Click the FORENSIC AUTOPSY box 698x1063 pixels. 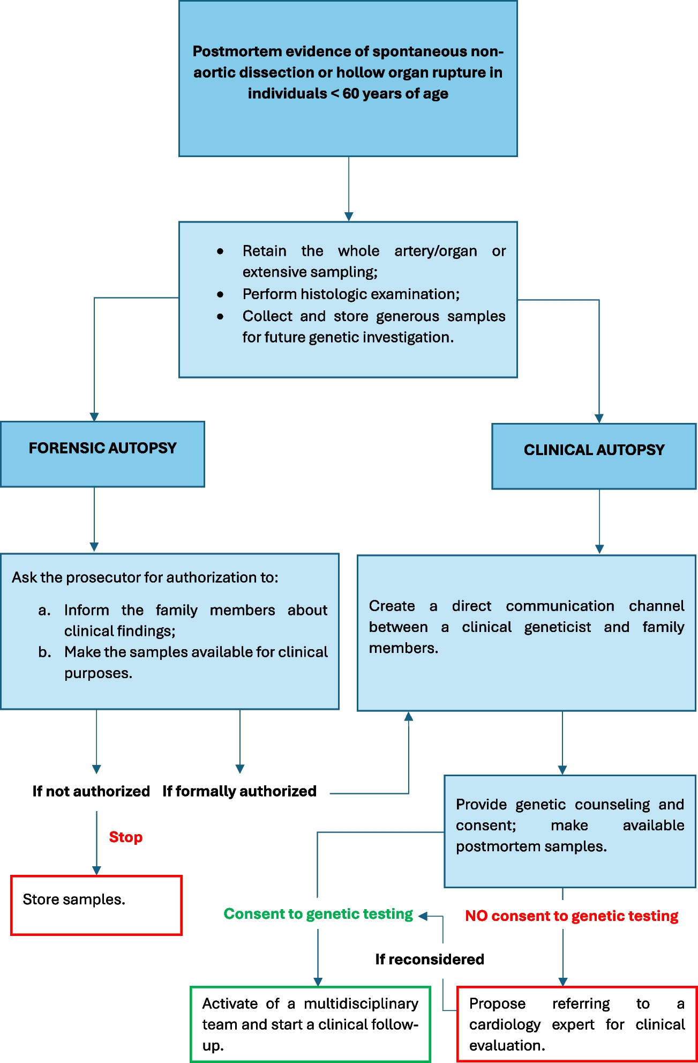102,454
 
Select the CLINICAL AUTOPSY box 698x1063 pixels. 594,456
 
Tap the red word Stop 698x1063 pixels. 126,837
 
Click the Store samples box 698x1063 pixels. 96,905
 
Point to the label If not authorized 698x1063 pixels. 91,791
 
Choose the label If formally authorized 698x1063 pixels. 239,791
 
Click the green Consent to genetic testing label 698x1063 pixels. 318,913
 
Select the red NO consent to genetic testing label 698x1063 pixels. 572,916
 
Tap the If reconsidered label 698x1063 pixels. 430,959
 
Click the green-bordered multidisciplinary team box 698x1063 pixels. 311,1024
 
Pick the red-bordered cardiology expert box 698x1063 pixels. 577,1024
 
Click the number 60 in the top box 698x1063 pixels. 351,93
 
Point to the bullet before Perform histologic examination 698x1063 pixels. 220,294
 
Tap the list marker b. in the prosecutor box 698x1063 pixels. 44,652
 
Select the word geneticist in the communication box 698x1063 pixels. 557,627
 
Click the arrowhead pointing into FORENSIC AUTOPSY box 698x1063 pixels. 94,417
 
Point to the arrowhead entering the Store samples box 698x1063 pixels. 96,871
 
